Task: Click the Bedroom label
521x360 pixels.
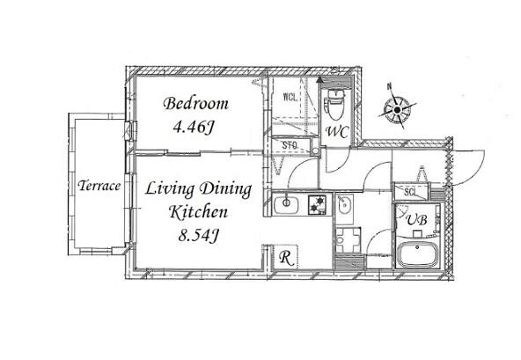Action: (x=195, y=103)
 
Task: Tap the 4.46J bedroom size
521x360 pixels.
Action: (x=193, y=127)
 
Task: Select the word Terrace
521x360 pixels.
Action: (x=99, y=186)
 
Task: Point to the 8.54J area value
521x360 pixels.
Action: (x=198, y=235)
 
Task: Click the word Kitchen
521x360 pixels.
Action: (x=198, y=212)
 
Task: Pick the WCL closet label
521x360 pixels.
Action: (x=290, y=97)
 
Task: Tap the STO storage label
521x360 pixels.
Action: (x=290, y=145)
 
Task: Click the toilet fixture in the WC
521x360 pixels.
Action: (x=335, y=103)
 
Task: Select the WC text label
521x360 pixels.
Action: (x=337, y=132)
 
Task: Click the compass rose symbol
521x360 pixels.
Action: (x=397, y=109)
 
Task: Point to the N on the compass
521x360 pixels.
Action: (x=389, y=86)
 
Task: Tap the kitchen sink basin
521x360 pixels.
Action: (x=286, y=205)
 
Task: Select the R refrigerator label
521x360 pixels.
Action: (x=286, y=257)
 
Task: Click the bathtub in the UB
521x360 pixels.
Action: (x=417, y=254)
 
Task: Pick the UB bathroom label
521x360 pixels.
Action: (x=416, y=219)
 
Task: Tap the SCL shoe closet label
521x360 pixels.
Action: (x=410, y=192)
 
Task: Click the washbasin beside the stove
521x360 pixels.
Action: (x=343, y=206)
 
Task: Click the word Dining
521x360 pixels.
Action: (x=225, y=189)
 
